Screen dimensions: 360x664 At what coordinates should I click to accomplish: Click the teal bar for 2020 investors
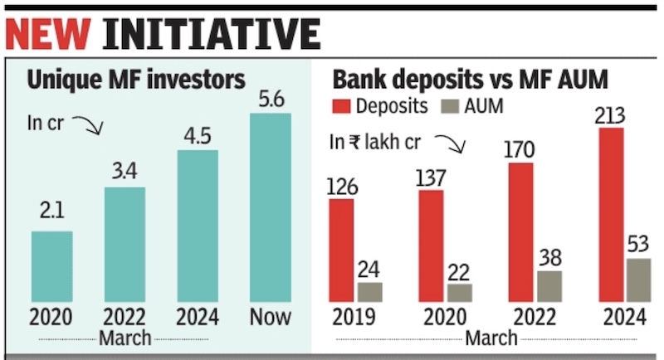51,266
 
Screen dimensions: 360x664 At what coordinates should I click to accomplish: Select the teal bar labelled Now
271,207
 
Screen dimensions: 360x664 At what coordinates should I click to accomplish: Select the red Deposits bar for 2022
520,231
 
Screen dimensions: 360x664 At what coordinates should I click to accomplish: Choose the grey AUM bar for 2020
459,293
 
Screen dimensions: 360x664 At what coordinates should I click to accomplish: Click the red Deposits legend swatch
343,106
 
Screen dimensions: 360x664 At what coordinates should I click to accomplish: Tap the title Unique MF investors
136,80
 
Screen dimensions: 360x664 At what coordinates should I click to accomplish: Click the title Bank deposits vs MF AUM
470,80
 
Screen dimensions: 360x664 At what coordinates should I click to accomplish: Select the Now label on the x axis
269,317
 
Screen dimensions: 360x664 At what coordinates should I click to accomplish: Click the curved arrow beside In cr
85,125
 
